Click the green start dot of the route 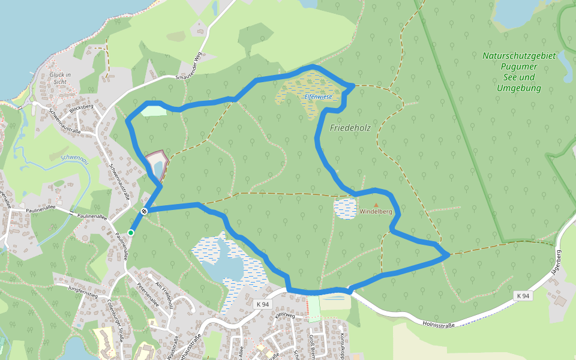131,233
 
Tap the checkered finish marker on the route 145,211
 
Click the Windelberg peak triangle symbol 376,205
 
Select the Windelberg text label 376,212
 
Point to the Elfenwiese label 318,96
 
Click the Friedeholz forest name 350,127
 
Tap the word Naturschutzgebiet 519,56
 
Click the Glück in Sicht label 61,78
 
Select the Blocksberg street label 82,109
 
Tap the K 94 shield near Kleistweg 262,304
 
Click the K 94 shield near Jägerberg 523,296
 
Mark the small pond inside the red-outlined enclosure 157,165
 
